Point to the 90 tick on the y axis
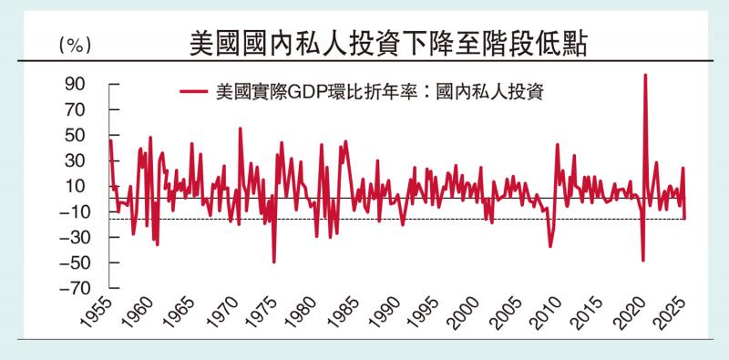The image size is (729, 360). click(76, 85)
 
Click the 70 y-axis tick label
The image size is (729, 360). click(76, 110)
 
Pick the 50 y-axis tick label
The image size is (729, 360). click(76, 136)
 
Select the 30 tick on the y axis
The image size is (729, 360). click(76, 161)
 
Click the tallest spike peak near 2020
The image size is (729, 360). click(645, 76)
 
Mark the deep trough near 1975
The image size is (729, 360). click(274, 262)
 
